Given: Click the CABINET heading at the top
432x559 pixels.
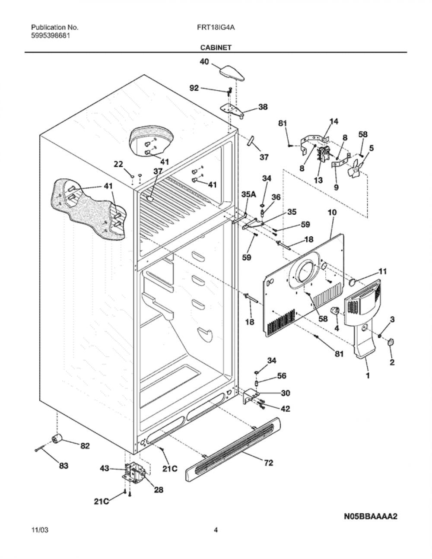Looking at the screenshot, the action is [x=216, y=48].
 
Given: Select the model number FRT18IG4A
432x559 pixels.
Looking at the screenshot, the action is [x=216, y=28].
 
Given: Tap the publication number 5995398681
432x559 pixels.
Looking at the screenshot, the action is [x=51, y=36].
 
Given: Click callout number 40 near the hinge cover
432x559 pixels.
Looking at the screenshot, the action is [x=204, y=62].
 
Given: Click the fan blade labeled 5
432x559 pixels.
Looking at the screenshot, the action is [x=356, y=167].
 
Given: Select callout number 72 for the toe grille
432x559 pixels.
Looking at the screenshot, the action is [x=268, y=463].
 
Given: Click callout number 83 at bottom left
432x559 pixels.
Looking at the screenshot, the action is [x=64, y=465].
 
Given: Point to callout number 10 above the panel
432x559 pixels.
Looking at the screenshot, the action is [x=332, y=213].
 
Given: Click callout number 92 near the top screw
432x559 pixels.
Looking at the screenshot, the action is [x=194, y=88].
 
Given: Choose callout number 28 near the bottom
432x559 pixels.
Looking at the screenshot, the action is [x=159, y=490].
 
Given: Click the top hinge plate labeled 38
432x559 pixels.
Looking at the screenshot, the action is [x=232, y=109].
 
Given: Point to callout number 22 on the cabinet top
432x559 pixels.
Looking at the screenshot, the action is [x=118, y=164].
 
